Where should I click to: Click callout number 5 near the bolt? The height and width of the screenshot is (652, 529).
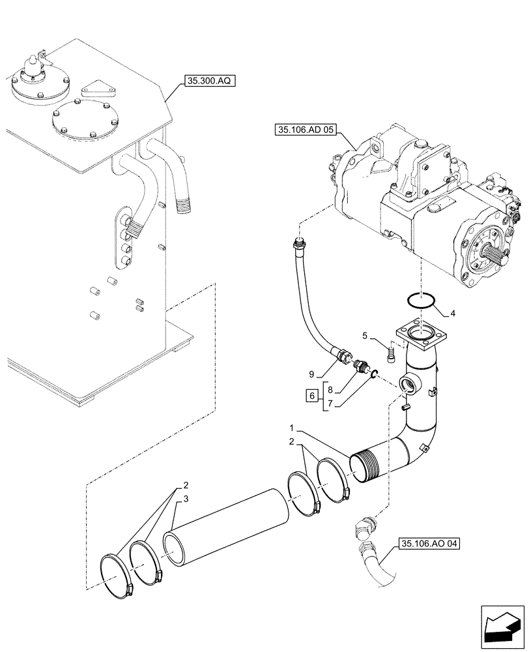[365, 336]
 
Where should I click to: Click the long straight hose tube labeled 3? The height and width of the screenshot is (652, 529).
[228, 522]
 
